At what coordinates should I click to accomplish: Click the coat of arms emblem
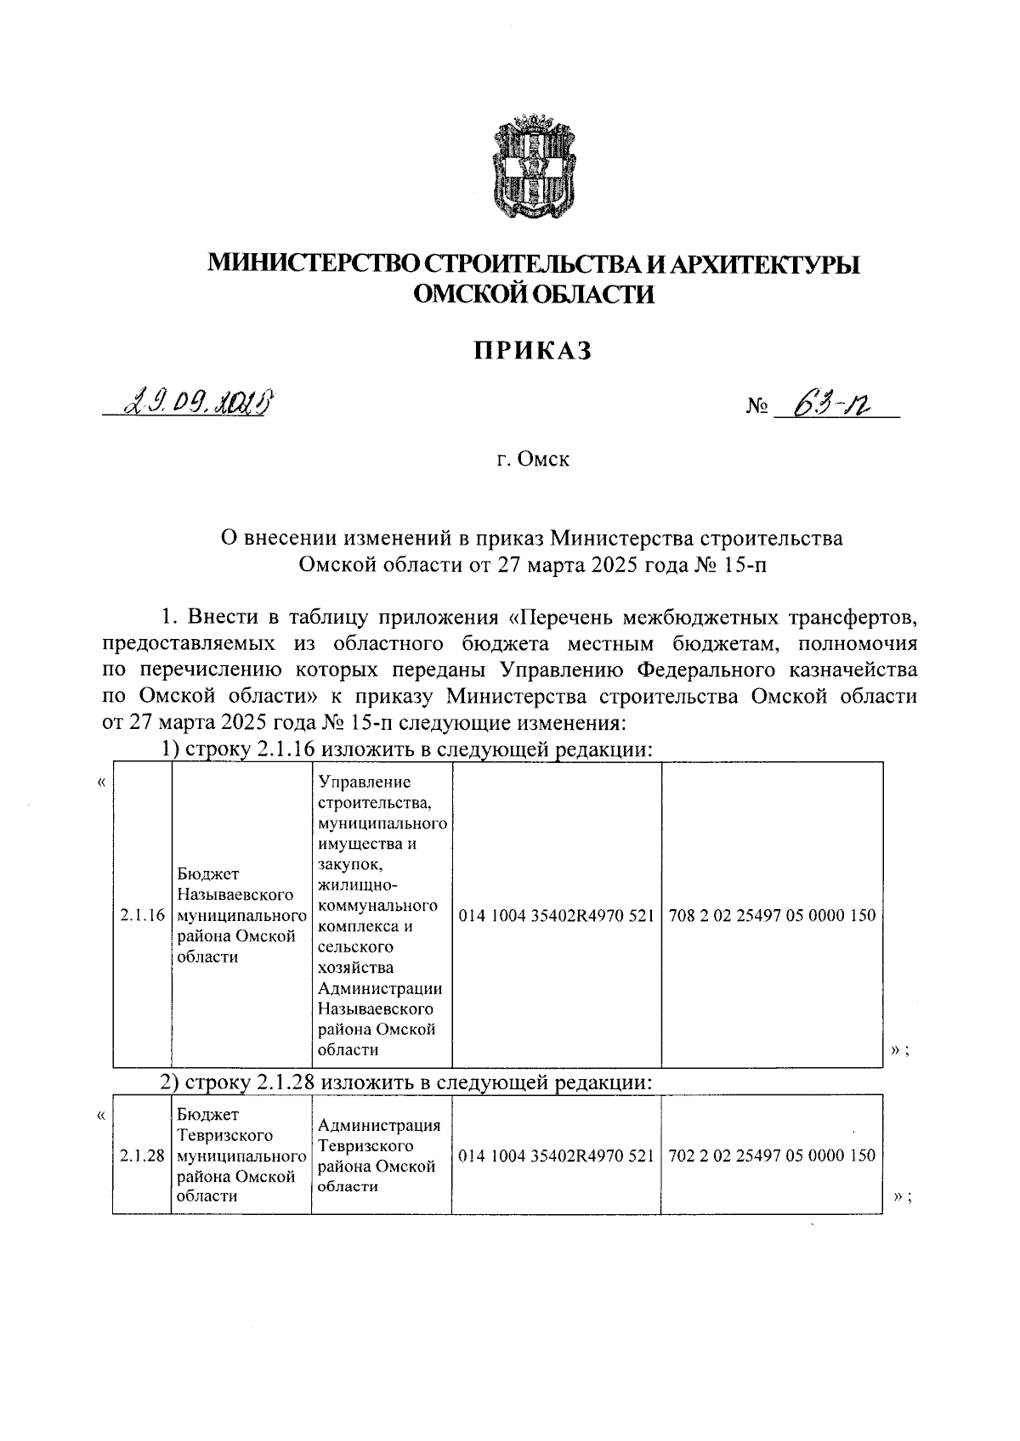click(534, 168)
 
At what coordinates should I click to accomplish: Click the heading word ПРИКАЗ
click(533, 350)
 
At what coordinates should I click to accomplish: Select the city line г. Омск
click(533, 460)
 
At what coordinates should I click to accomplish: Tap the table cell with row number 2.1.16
click(142, 915)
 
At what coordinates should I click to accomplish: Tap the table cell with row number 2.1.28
click(142, 1156)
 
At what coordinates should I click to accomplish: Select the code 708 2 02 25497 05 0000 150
click(772, 915)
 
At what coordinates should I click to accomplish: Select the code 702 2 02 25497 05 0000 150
click(772, 1156)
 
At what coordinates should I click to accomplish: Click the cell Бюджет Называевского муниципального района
click(241, 915)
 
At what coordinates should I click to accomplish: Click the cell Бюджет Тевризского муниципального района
click(241, 1156)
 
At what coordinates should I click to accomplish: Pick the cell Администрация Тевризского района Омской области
click(381, 1156)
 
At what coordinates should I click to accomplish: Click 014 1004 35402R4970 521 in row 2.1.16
click(556, 915)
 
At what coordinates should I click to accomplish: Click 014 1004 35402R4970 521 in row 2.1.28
click(556, 1156)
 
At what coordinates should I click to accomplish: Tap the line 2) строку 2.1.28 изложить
click(406, 1083)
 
